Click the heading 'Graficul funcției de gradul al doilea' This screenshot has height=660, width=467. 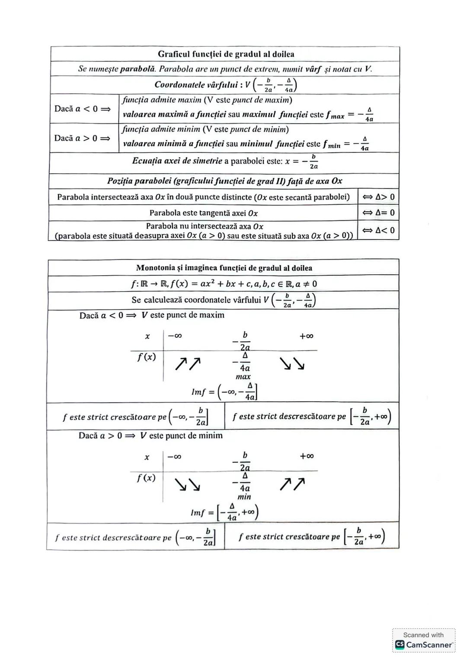tap(226, 54)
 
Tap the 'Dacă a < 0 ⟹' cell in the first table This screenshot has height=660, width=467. tap(82, 109)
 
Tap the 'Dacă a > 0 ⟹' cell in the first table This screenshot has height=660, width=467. tap(82, 138)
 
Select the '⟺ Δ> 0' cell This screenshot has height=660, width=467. tap(378, 197)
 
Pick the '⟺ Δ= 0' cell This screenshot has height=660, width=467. tap(378, 213)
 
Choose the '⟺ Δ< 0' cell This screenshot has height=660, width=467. tap(378, 230)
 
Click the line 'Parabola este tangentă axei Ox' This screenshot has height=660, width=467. tap(203, 213)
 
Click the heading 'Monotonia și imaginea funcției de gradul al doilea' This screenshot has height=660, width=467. tap(224, 268)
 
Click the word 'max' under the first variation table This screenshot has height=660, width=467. tap(243, 377)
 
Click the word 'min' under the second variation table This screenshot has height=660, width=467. tap(244, 497)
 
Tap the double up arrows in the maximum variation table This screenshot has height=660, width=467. tap(188, 364)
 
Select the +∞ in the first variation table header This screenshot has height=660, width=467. tap(306, 336)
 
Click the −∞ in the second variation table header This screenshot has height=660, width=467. tap(174, 457)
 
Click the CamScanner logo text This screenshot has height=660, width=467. tap(429, 644)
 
